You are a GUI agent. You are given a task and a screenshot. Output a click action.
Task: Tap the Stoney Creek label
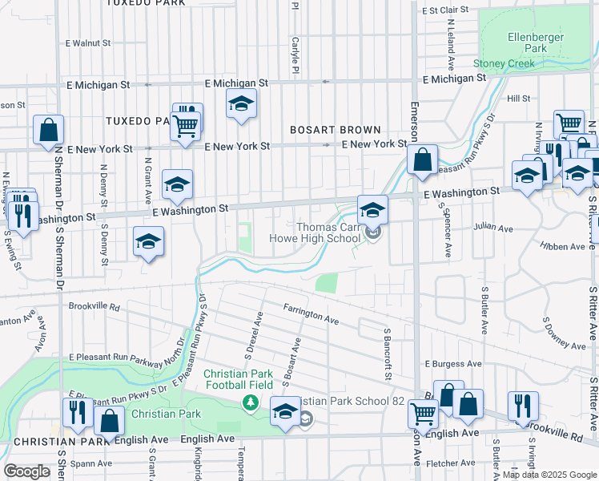503,63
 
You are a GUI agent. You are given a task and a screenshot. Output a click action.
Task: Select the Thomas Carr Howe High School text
328,232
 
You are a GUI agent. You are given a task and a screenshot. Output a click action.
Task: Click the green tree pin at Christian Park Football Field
251,401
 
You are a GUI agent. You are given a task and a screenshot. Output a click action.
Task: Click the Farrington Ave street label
311,313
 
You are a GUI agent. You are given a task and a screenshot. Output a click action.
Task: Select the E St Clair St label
444,10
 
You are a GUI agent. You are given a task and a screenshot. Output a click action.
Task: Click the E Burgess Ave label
452,363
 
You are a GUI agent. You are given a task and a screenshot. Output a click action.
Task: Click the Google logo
27,471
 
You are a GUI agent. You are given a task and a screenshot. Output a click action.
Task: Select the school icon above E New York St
240,103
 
